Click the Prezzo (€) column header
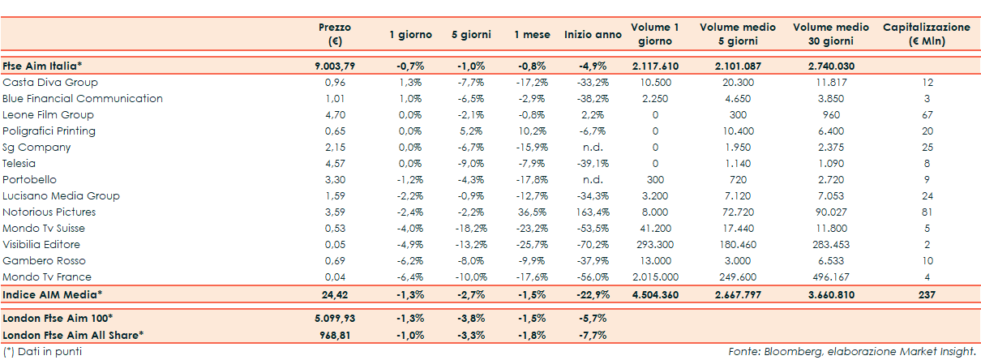(x=335, y=34)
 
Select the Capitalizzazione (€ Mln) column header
(x=926, y=34)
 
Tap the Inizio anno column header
(x=593, y=35)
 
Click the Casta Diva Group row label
(x=50, y=83)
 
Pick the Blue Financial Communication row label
(x=83, y=99)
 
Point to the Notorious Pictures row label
(x=49, y=212)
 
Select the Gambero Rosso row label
(x=45, y=261)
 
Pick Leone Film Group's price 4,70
(x=335, y=115)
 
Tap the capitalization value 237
(x=927, y=294)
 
